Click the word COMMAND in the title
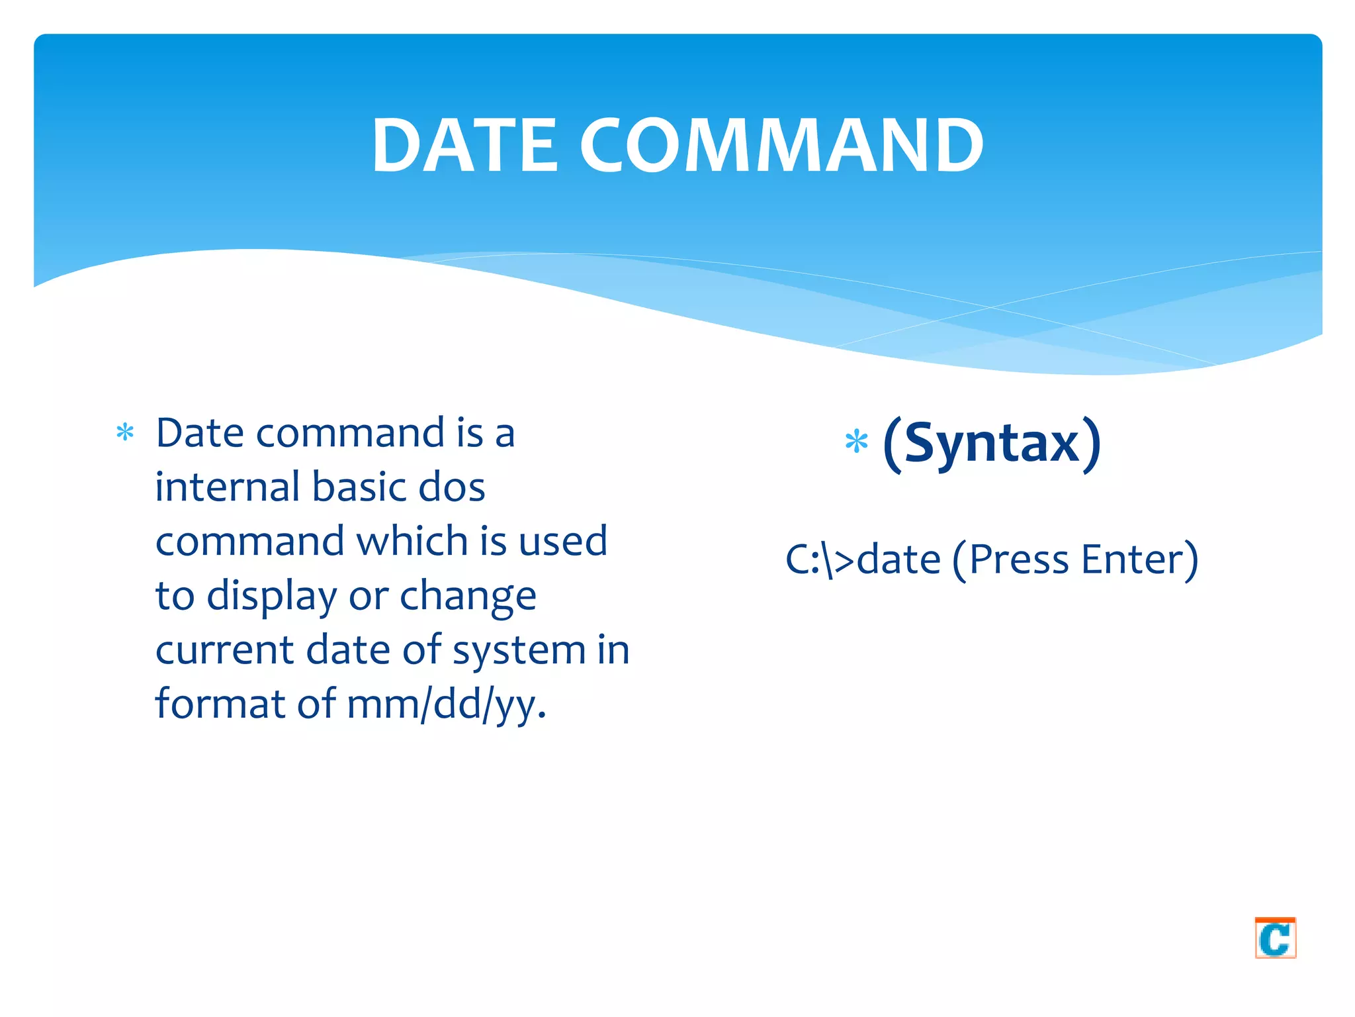782,146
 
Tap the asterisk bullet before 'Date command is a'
125,434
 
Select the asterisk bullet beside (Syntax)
856,442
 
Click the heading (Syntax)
992,444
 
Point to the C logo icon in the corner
1275,938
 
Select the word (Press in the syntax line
1011,559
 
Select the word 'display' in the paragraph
272,597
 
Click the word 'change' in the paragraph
468,597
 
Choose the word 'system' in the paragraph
519,651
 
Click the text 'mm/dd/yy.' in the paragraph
447,704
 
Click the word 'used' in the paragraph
562,541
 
